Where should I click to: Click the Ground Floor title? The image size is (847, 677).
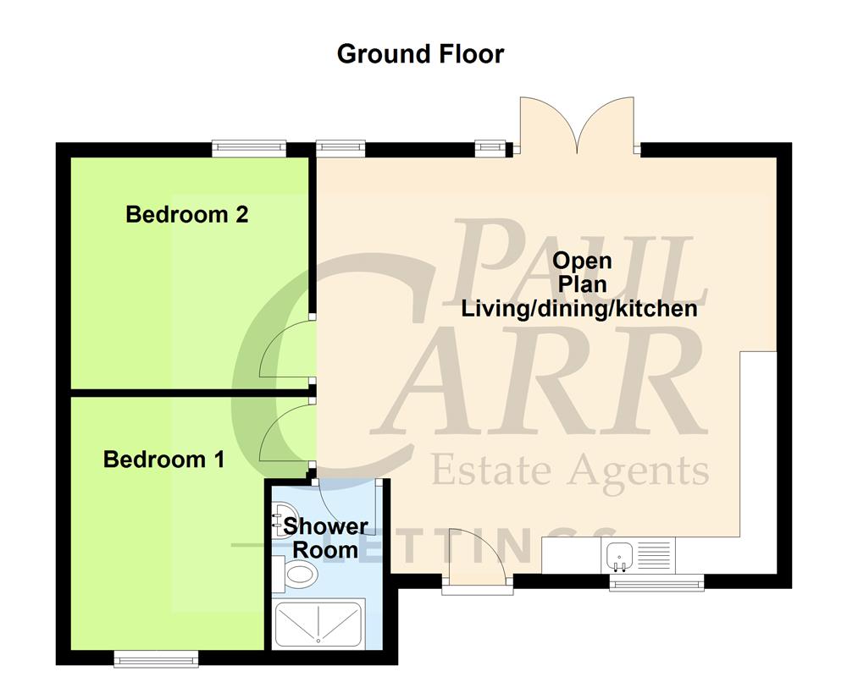(x=420, y=54)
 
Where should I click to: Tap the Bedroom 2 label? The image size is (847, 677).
(x=186, y=214)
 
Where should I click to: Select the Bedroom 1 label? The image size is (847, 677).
(x=163, y=460)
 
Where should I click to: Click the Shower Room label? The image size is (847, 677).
(x=325, y=538)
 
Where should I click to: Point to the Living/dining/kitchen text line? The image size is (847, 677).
(x=579, y=308)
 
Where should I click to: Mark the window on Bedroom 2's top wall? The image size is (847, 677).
(x=249, y=148)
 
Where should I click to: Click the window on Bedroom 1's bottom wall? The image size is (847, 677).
(x=156, y=658)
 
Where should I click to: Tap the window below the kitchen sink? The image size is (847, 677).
(x=656, y=581)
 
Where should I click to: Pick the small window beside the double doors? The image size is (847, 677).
(x=490, y=148)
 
